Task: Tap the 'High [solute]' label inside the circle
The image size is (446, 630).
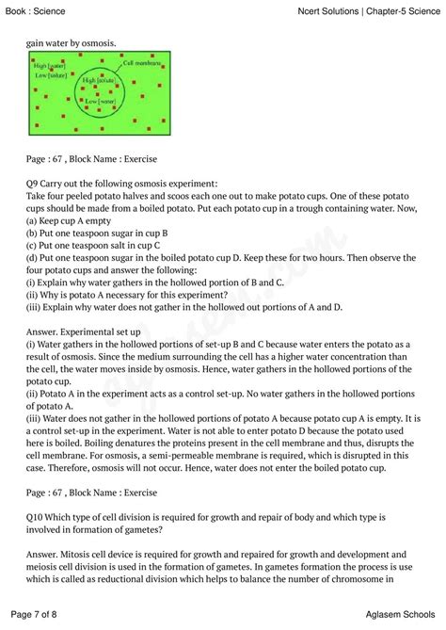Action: click(99, 82)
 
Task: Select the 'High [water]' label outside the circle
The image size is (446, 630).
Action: click(50, 67)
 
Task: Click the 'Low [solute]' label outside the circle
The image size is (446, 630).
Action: click(50, 75)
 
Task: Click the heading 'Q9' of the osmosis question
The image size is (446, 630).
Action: click(35, 183)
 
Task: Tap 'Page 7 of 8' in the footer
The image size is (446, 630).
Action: click(36, 614)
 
